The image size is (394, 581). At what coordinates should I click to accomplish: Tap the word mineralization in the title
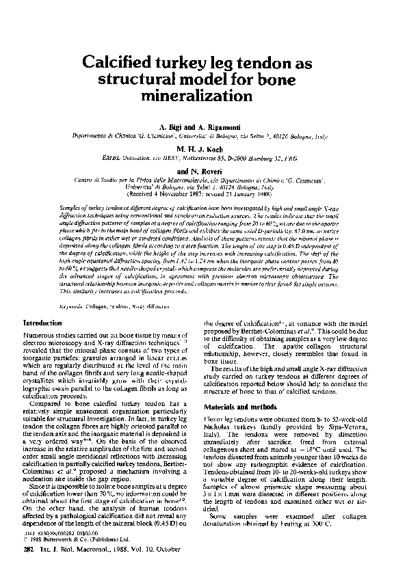[x=196, y=94]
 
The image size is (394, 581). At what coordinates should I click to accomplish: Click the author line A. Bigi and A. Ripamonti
[x=196, y=128]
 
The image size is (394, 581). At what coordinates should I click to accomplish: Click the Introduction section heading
[x=42, y=322]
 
